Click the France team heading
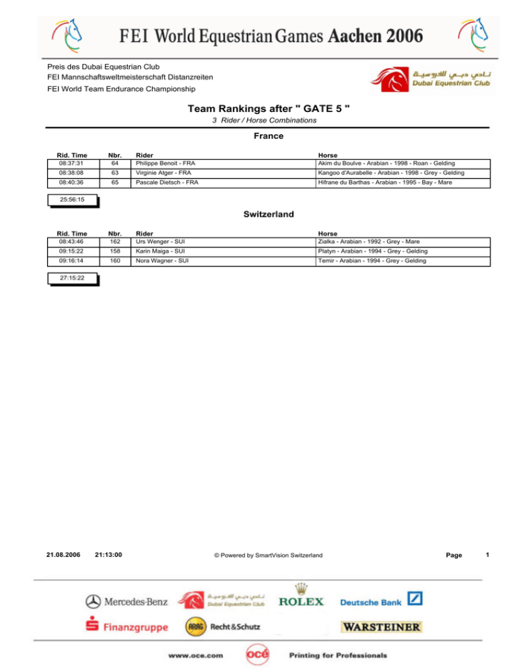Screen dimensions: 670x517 [x=268, y=135]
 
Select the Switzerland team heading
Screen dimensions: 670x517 [x=268, y=215]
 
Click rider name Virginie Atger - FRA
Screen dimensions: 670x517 [x=164, y=173]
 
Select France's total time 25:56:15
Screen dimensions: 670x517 [x=71, y=200]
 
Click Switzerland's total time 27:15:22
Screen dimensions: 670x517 [x=71, y=278]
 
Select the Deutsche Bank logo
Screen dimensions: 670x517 [x=381, y=600]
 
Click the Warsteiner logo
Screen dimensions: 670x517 [x=382, y=627]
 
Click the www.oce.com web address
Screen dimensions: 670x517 [x=197, y=654]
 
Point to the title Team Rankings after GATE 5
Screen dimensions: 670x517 [x=268, y=108]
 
